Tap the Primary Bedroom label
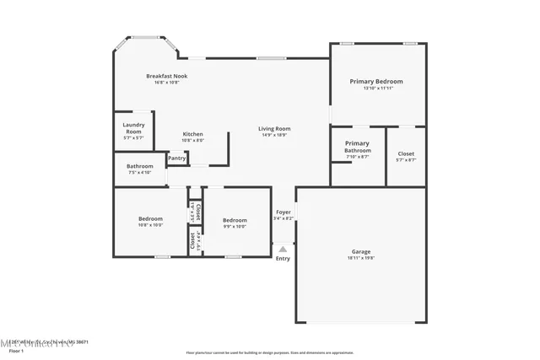point(376,81)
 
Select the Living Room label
point(274,128)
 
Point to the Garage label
point(361,251)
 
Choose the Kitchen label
point(192,134)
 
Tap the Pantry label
point(176,158)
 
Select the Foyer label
point(283,212)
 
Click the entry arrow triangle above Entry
point(283,249)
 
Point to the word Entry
point(283,258)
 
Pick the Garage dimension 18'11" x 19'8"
point(361,259)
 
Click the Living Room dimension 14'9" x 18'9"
point(274,135)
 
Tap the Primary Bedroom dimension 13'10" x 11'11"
point(376,88)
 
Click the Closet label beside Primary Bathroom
point(406,153)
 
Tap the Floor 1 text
point(16,350)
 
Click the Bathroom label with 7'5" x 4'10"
point(139,166)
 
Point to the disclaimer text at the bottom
point(270,352)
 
